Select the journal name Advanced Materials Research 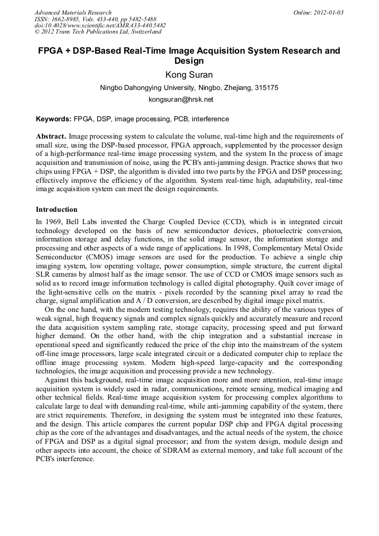coord(73,12)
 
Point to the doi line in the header coord(100,25)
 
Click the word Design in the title coord(189,61)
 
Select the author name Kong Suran coord(189,75)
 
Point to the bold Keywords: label coord(54,119)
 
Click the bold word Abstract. coord(51,136)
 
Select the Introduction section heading coord(56,210)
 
